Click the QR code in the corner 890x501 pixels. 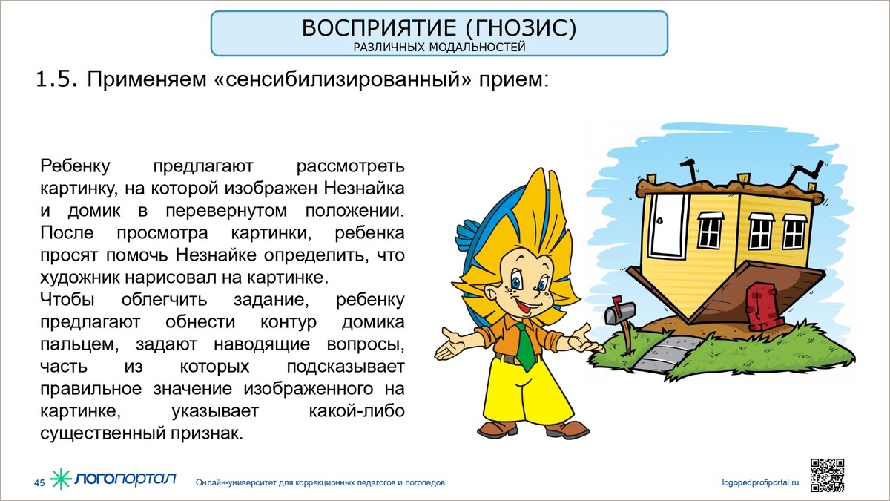tap(827, 475)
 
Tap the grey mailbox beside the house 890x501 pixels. tap(620, 312)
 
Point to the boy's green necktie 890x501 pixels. tap(524, 345)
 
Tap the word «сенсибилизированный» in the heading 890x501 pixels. tap(342, 79)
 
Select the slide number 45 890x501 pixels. tap(39, 483)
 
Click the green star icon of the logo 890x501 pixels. tap(60, 478)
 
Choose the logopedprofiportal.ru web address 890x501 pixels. tap(760, 482)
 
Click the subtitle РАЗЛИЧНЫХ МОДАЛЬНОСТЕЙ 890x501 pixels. tap(439, 48)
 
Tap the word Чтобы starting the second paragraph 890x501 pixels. tap(67, 299)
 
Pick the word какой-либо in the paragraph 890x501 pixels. tap(357, 410)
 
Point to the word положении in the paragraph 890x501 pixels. tap(355, 211)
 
